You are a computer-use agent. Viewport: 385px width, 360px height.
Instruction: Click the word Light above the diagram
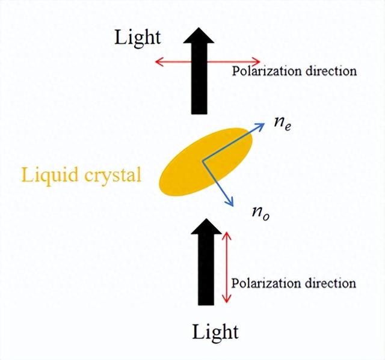click(x=138, y=37)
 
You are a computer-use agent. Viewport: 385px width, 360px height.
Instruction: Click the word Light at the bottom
click(x=215, y=331)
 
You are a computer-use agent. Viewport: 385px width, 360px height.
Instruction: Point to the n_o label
click(x=260, y=212)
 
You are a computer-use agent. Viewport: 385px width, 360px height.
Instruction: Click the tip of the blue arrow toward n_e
click(x=265, y=124)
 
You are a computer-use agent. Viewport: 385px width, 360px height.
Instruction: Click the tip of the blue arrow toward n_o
click(x=233, y=206)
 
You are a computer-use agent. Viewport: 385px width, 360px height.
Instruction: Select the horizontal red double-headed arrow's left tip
click(x=155, y=61)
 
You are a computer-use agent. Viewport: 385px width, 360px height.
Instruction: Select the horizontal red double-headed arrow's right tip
click(x=260, y=61)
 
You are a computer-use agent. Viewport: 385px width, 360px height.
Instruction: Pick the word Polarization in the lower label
click(x=265, y=283)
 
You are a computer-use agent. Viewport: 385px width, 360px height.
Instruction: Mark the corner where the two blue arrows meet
click(x=203, y=160)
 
